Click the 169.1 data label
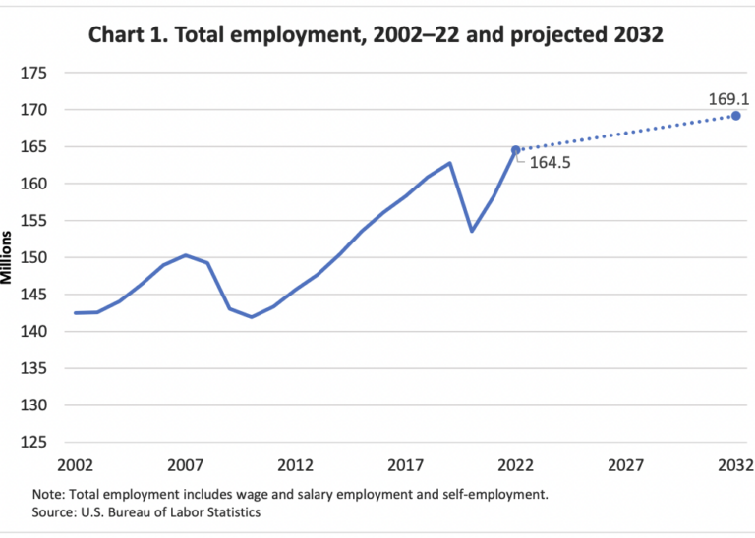tap(726, 99)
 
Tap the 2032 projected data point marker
tap(735, 116)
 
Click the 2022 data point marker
tap(515, 150)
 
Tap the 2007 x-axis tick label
tap(185, 464)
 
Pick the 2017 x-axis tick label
tap(405, 464)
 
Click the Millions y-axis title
tap(9, 257)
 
